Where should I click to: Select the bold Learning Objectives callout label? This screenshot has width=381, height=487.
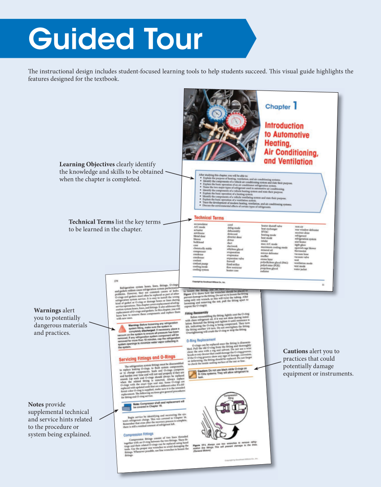(x=87, y=164)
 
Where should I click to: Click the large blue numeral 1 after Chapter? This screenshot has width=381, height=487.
(x=295, y=106)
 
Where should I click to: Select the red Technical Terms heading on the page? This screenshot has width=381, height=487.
(x=209, y=218)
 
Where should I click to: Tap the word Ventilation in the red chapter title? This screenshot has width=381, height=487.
(x=288, y=162)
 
